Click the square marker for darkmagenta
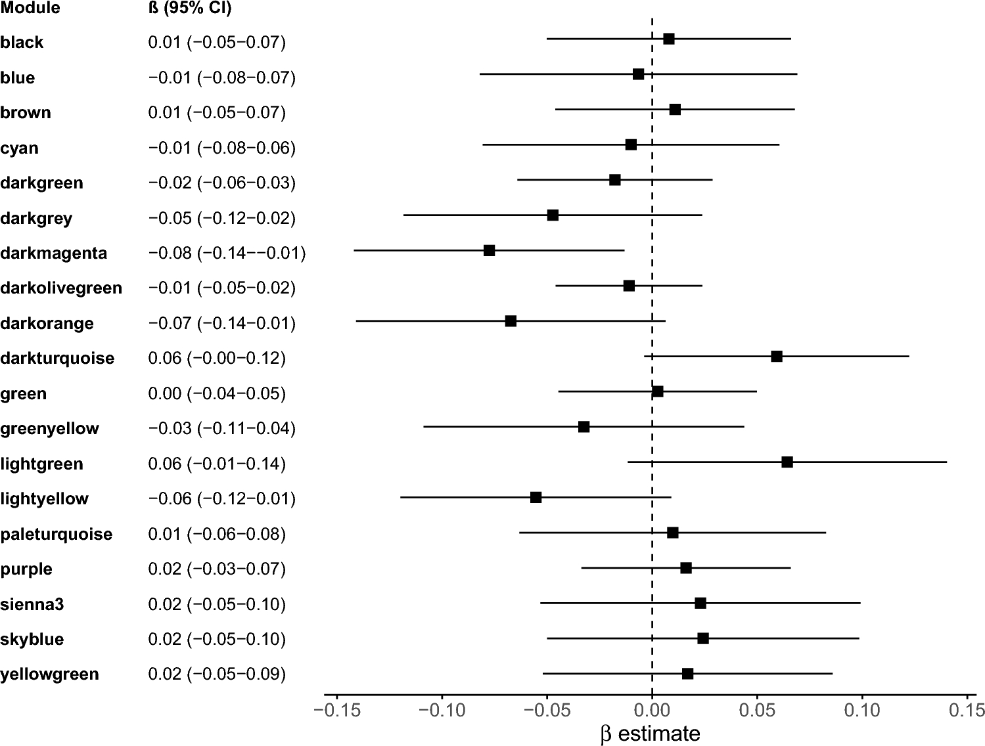pyautogui.click(x=489, y=250)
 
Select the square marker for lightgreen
pyautogui.click(x=787, y=462)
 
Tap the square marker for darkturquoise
pyautogui.click(x=777, y=356)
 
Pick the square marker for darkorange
pyautogui.click(x=511, y=321)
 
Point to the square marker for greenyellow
pyautogui.click(x=584, y=427)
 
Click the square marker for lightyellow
pyautogui.click(x=536, y=497)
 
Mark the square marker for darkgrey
pyautogui.click(x=553, y=215)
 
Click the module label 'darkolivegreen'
pyautogui.click(x=61, y=288)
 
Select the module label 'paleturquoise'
pyautogui.click(x=57, y=535)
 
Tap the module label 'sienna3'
pyautogui.click(x=32, y=605)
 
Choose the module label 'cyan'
pyautogui.click(x=20, y=148)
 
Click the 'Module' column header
pyautogui.click(x=30, y=8)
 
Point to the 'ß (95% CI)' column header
pyautogui.click(x=190, y=8)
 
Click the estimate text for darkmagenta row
pyautogui.click(x=227, y=253)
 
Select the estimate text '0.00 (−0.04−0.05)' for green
pyautogui.click(x=217, y=394)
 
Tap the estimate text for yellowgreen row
pyautogui.click(x=217, y=674)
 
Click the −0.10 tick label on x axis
pyautogui.click(x=441, y=710)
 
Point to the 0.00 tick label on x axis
pyautogui.click(x=652, y=710)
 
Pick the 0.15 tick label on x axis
pyautogui.click(x=967, y=710)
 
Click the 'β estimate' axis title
pyautogui.click(x=651, y=734)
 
